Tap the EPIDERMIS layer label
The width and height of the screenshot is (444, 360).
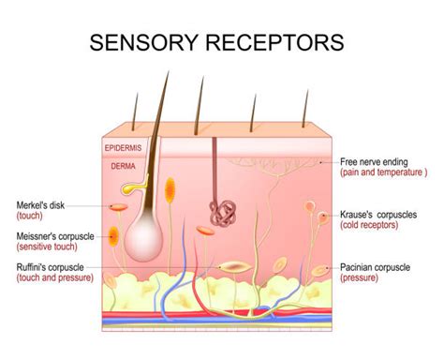pos(123,148)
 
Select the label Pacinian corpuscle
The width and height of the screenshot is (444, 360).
pos(375,267)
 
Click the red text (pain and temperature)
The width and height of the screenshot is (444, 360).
pos(383,172)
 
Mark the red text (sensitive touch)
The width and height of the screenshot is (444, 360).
pos(48,247)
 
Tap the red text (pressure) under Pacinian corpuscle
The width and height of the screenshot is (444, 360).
pos(359,278)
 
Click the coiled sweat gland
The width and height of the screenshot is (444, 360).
pos(223,212)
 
